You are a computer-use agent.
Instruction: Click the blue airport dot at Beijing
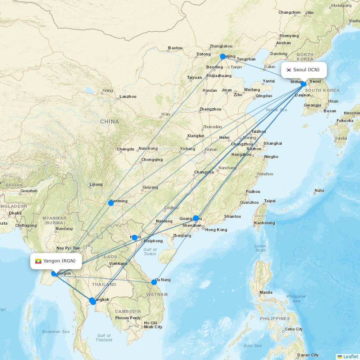pyautogui.click(x=223, y=57)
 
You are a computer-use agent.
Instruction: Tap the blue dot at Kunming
pyautogui.click(x=111, y=203)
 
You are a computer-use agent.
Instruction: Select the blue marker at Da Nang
pyautogui.click(x=154, y=282)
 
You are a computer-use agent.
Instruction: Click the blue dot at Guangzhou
pyautogui.click(x=196, y=218)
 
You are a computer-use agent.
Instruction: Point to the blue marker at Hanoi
pyautogui.click(x=135, y=238)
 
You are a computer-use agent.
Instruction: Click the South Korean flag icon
pyautogui.click(x=289, y=70)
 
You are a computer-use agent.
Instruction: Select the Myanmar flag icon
pyautogui.click(x=38, y=261)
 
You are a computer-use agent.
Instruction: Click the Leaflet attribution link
pyautogui.click(x=350, y=356)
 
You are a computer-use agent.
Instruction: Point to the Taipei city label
pyautogui.click(x=270, y=201)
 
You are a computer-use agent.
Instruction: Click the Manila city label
pyautogui.click(x=266, y=292)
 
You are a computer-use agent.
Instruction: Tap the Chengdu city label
pyautogui.click(x=125, y=149)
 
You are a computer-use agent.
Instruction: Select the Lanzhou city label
pyautogui.click(x=128, y=96)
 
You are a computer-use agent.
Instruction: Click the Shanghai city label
pyautogui.click(x=273, y=143)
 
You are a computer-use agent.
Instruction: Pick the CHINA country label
pyautogui.click(x=109, y=122)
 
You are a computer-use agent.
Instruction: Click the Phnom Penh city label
pyautogui.click(x=127, y=318)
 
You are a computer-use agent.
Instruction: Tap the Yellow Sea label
pyautogui.click(x=276, y=110)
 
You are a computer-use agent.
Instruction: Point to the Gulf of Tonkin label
pyautogui.click(x=150, y=252)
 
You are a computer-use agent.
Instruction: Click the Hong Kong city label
pyautogui.click(x=216, y=230)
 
